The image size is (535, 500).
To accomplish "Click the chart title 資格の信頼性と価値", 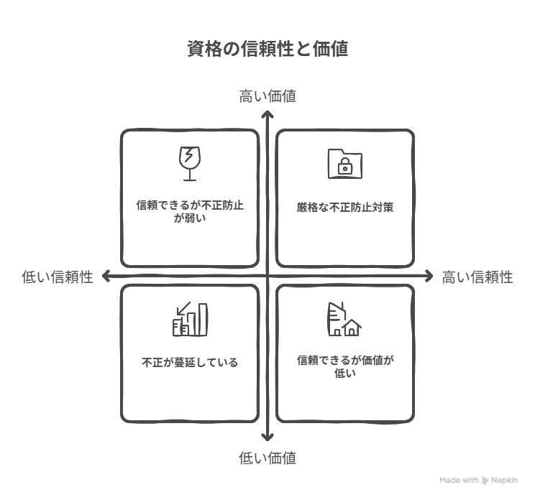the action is [267, 49].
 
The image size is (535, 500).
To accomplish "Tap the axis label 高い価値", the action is [267, 96].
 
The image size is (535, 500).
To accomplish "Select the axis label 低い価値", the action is [267, 458].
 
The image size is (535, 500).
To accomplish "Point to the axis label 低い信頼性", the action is [58, 277].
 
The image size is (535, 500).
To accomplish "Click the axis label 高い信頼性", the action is [477, 277].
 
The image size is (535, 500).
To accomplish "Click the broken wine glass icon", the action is [190, 164].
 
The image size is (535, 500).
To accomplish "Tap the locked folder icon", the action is [345, 164].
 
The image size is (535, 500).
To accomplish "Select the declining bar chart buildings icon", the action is [190, 319].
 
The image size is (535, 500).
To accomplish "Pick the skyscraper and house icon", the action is [344, 319].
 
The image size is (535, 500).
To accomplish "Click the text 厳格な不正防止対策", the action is [345, 207].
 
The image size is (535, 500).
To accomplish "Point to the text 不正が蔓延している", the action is [190, 362].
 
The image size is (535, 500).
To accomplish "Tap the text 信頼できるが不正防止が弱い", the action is [190, 212].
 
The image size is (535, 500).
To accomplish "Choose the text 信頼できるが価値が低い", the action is [345, 366].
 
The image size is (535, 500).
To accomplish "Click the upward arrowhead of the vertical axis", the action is [267, 114].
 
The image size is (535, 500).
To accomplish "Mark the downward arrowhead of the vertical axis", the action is [267, 437].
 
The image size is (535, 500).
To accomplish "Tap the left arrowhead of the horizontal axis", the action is [106, 276].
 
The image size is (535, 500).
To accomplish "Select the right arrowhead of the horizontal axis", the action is [429, 276].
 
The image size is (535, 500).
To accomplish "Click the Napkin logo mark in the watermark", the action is [485, 481].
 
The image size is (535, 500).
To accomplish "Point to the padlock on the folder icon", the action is [345, 167].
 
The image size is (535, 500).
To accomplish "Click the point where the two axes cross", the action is [267, 276].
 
